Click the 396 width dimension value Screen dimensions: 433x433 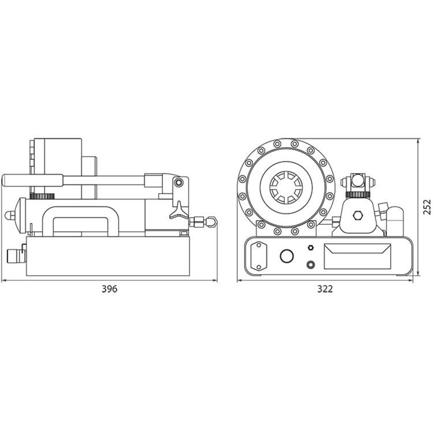[110, 289]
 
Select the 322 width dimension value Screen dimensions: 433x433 [325, 289]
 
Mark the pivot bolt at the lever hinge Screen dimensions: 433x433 [178, 182]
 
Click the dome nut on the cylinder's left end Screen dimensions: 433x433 [9, 215]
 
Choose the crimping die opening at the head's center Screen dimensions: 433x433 [286, 187]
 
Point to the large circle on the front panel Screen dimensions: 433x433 [287, 256]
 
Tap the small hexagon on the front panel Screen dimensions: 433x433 [310, 247]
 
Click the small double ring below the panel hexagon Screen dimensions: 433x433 [310, 264]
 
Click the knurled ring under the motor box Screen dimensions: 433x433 [42, 197]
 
